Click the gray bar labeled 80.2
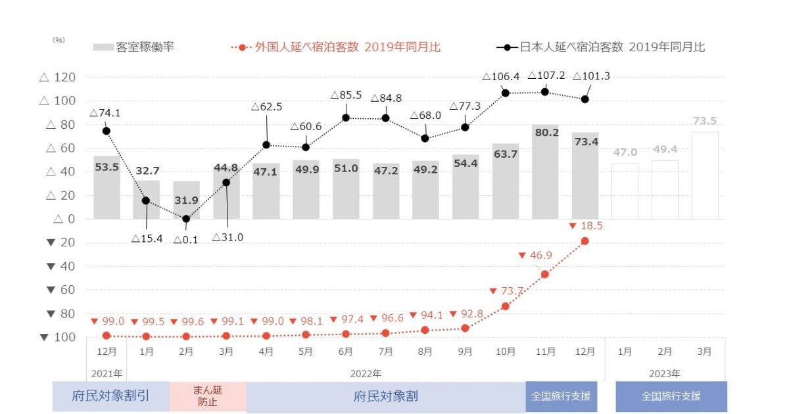[x=545, y=177]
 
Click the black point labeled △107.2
[x=545, y=91]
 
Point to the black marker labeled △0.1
[x=186, y=219]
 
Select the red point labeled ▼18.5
[x=585, y=241]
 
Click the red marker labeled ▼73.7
[x=505, y=306]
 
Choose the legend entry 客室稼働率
[x=135, y=47]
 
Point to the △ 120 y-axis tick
[x=58, y=78]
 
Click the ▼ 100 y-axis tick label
[x=58, y=338]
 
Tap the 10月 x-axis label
[x=505, y=352]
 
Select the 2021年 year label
[x=106, y=374]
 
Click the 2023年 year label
[x=664, y=374]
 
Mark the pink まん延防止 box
[x=208, y=397]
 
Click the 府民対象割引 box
[x=110, y=397]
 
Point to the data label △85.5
[x=346, y=95]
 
